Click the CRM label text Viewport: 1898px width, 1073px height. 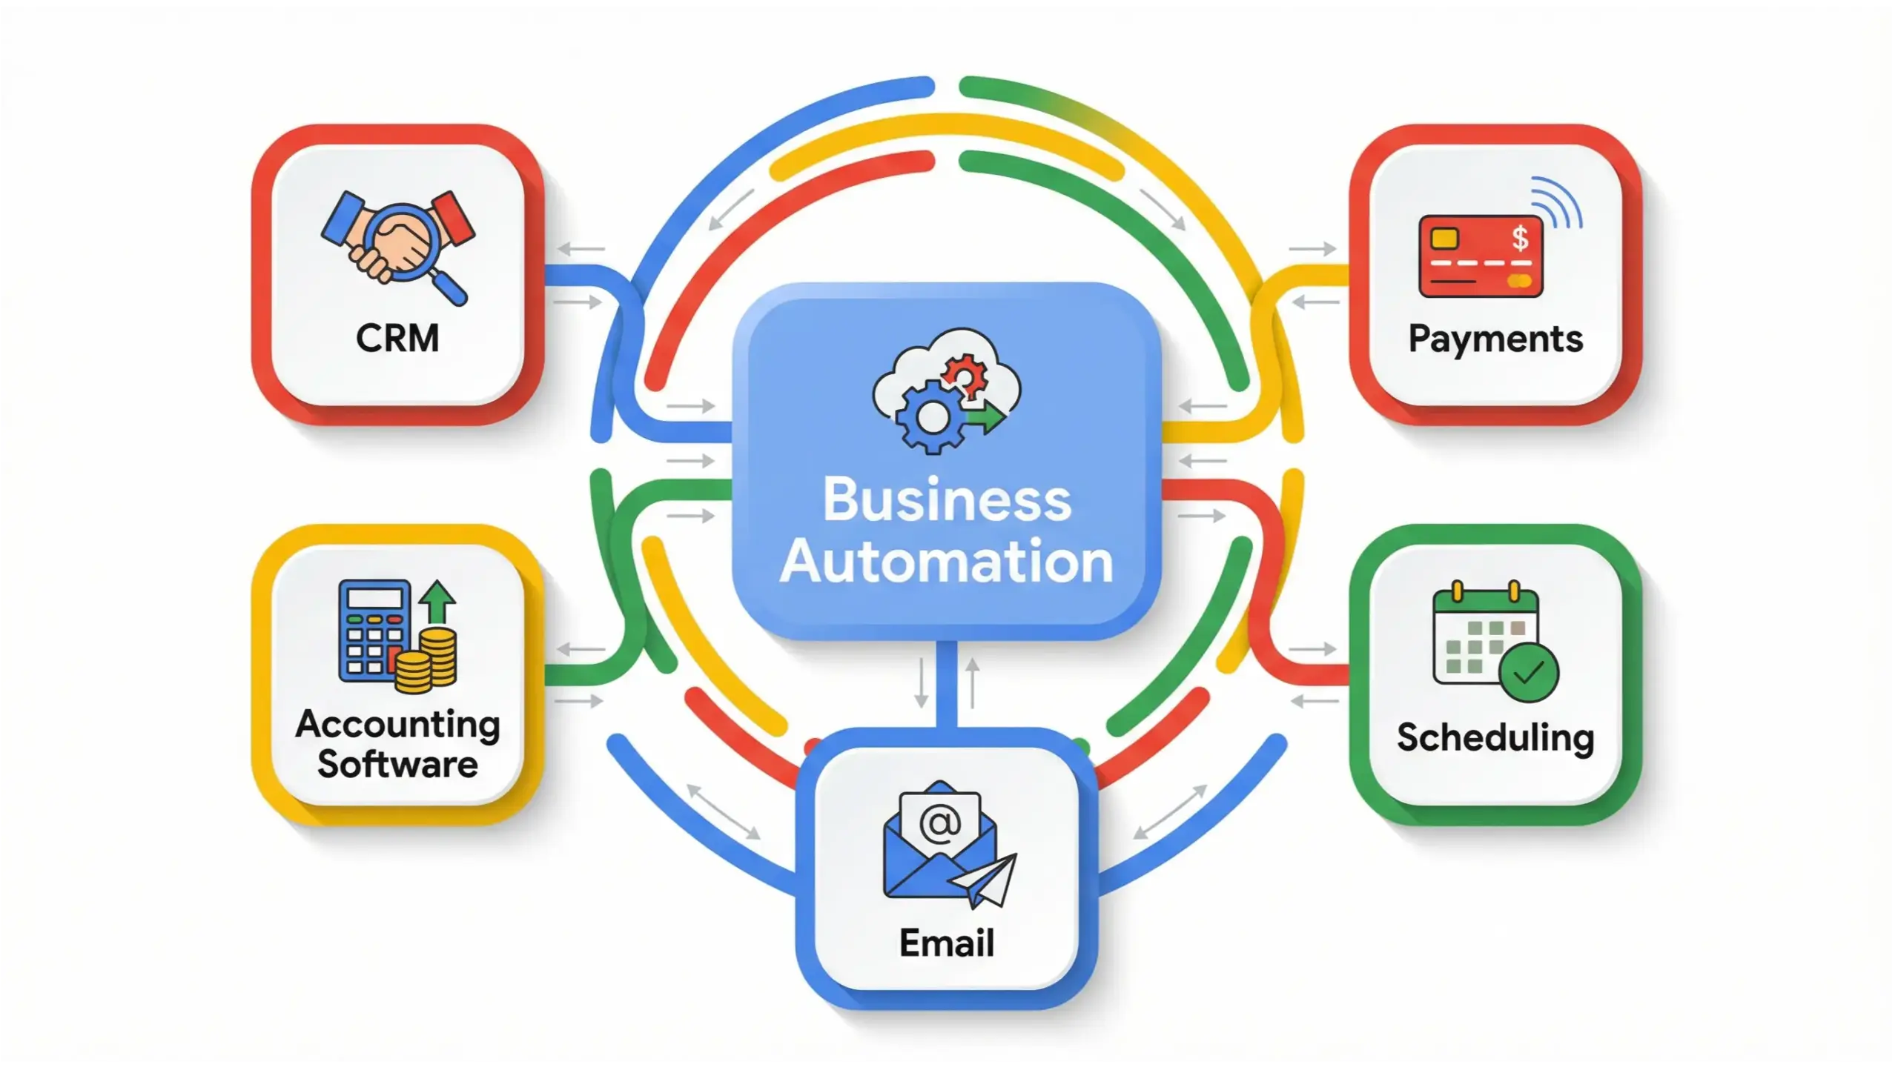397,339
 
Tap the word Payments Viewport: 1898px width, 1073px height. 1495,339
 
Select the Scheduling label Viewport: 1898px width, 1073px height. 1495,738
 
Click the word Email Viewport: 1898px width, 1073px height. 947,943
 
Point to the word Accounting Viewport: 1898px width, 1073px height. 397,724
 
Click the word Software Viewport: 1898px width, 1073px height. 397,765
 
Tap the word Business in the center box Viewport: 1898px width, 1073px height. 947,499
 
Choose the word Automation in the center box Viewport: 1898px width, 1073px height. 947,562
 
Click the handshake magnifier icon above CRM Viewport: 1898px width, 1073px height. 398,245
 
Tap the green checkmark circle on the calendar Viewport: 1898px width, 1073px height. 1529,672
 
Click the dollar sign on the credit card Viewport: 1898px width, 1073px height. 1520,238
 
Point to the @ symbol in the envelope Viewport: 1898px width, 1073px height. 940,822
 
